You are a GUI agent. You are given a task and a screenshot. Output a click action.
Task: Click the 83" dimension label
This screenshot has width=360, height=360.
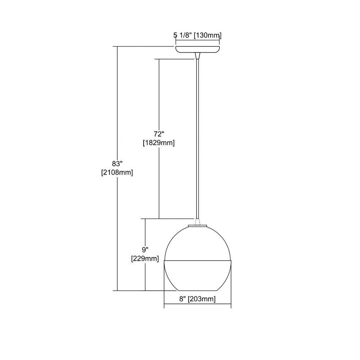[x=117, y=164]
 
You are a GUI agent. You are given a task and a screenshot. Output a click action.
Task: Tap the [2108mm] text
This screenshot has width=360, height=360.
[x=117, y=172]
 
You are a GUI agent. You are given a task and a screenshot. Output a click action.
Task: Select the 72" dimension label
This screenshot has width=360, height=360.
[x=159, y=134]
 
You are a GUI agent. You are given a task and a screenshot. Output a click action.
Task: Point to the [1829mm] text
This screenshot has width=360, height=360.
[x=159, y=143]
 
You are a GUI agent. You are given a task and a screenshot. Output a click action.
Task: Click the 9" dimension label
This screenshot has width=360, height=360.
[x=145, y=249]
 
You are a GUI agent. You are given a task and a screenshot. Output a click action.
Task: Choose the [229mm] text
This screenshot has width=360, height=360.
[x=145, y=258]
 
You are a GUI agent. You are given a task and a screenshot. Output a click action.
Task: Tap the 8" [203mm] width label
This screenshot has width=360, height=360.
[x=197, y=299]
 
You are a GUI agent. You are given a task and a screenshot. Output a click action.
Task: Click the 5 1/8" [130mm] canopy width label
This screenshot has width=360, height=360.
[x=197, y=35]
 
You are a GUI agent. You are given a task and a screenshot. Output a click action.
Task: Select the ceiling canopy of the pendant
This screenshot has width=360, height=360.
[x=198, y=49]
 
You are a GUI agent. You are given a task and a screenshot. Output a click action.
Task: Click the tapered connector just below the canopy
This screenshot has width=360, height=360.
[x=198, y=56]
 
